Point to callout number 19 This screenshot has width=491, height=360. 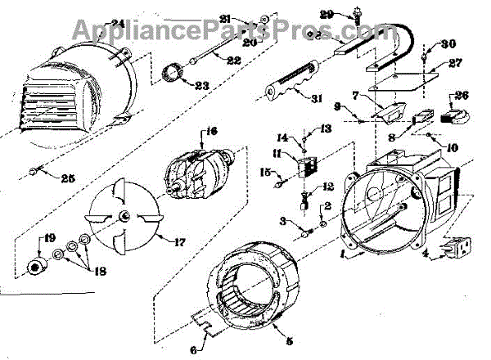49,238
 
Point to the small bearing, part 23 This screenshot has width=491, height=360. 174,73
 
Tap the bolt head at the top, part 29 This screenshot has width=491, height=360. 359,14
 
